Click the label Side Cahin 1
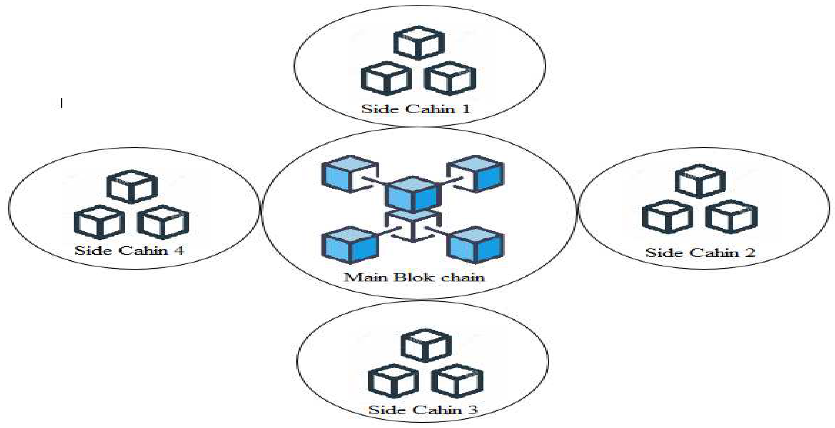click(x=415, y=109)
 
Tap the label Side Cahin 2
click(x=700, y=253)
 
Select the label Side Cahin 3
click(x=423, y=410)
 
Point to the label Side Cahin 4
click(x=129, y=250)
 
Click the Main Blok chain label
click(x=414, y=277)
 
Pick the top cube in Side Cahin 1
click(x=419, y=43)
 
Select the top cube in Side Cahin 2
click(x=700, y=181)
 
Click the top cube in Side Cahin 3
click(x=426, y=346)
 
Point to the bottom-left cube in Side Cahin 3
click(x=393, y=381)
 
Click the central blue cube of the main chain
click(x=413, y=195)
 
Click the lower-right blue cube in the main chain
click(x=476, y=245)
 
